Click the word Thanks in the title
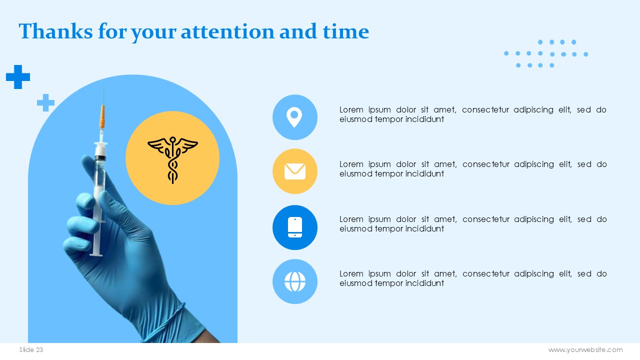tap(55, 31)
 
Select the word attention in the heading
tap(227, 31)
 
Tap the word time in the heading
tap(345, 31)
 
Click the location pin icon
tap(294, 117)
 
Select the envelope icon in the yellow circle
tap(295, 171)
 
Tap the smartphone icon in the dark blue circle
tap(295, 227)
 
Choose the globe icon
tap(295, 281)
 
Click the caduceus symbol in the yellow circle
tap(172, 159)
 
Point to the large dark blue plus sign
tap(18, 77)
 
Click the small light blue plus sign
tap(45, 102)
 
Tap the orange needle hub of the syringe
tap(102, 116)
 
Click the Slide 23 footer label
tap(31, 349)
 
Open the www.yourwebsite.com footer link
tap(585, 349)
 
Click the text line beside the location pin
tap(473, 114)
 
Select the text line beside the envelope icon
tap(473, 169)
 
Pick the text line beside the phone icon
tap(473, 223)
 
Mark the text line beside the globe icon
tap(473, 278)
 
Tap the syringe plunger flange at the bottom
tap(96, 254)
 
